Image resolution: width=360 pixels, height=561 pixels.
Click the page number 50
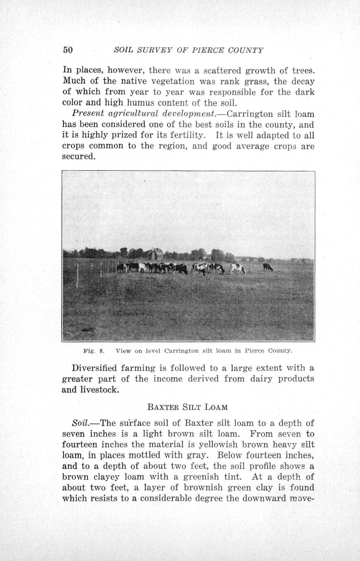click(x=68, y=50)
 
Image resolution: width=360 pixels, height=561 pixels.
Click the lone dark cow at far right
click(x=268, y=267)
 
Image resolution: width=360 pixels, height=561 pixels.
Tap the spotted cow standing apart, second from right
click(x=238, y=268)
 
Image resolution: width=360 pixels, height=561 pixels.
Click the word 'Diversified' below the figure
click(x=94, y=368)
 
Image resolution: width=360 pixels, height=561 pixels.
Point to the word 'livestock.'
click(x=100, y=390)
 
